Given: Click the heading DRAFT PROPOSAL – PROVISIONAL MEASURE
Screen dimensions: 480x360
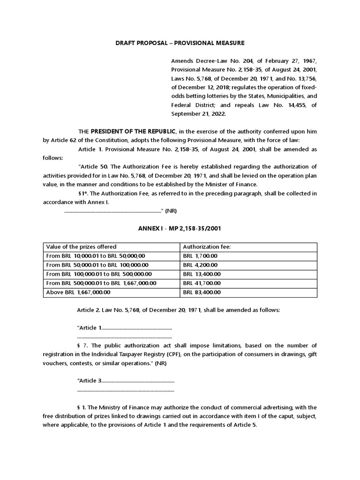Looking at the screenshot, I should tap(180, 43).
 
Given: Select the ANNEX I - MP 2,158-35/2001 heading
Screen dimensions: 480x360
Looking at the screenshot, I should tap(180, 228).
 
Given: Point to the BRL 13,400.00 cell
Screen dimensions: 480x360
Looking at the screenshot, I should tap(202, 274).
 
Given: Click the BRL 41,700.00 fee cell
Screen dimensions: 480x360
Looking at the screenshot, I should tap(202, 283).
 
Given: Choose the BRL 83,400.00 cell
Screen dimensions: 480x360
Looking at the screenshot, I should tap(202, 292).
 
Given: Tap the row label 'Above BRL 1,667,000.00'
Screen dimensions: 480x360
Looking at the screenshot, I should tap(78, 292).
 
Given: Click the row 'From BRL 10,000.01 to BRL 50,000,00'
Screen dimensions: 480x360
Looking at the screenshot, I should tap(96, 256).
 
